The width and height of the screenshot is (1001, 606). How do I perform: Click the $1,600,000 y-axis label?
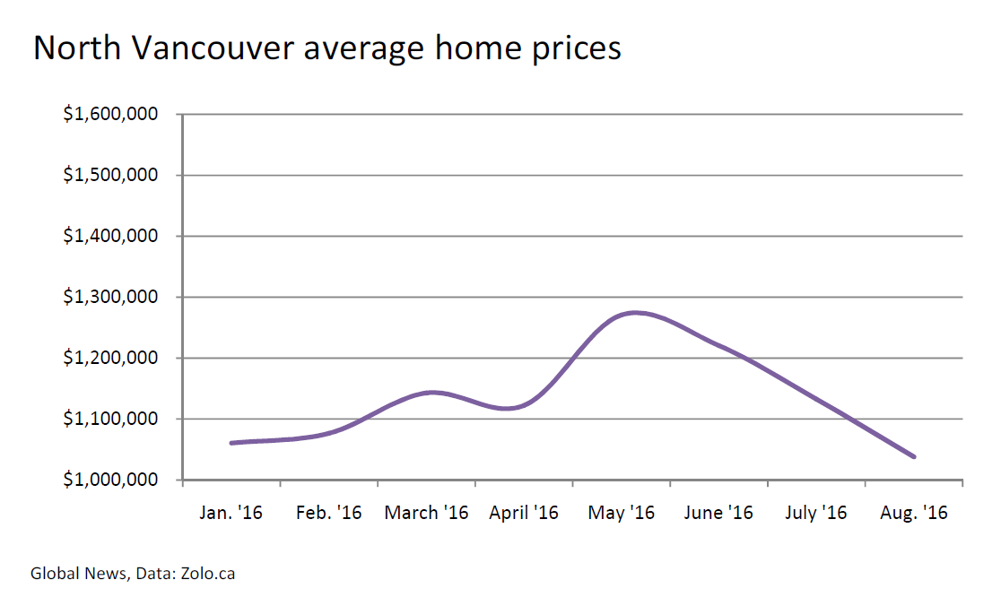pos(110,115)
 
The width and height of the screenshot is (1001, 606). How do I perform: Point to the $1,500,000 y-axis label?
pos(110,176)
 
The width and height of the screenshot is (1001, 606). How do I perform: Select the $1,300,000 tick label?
pos(110,298)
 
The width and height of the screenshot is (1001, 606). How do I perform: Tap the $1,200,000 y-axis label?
pos(110,359)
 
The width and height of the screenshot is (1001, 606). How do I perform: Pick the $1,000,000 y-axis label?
pos(110,480)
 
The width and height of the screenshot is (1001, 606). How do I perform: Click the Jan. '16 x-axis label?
pos(231,514)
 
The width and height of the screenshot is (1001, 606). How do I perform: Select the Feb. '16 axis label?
pos(328,514)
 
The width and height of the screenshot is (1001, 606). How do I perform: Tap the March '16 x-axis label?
pos(426,514)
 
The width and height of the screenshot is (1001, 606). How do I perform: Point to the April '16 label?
pos(524,514)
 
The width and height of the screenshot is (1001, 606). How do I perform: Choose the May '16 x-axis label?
pos(622,514)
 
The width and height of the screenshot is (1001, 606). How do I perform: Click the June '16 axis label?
pos(718,514)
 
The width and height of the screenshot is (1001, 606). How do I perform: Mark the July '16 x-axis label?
pos(816,514)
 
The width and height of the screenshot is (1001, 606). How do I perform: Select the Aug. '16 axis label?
pos(913,514)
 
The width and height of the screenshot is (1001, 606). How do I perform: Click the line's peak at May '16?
pos(635,313)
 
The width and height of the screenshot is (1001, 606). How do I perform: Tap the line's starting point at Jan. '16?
pos(231,443)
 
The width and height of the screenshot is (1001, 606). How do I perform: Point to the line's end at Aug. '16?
pos(914,456)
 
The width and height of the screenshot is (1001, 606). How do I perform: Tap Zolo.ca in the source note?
pos(207,573)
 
